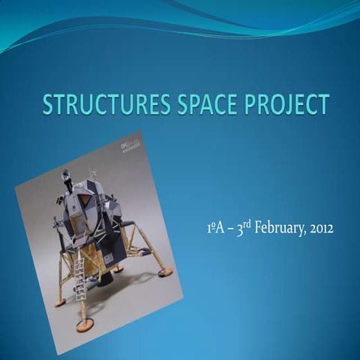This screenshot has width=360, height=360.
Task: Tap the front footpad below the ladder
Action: (85, 325)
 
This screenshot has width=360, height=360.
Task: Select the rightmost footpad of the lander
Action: (165, 272)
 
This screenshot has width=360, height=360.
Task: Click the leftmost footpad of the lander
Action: (60, 302)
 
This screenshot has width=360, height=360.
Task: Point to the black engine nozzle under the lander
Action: (106, 277)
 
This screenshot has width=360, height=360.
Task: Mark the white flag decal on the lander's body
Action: (108, 258)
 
